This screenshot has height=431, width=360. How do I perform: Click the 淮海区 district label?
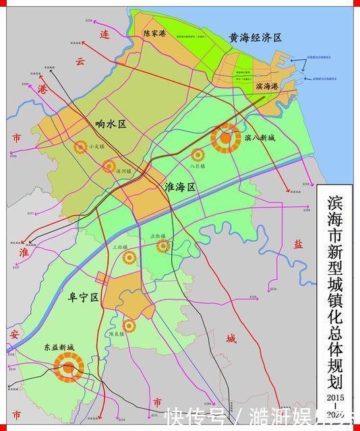pos(179,188)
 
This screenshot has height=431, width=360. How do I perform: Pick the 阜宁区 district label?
pos(84,297)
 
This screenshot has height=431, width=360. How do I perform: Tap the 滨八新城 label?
pos(260,138)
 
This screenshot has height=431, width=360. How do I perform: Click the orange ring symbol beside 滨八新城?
pos(226,139)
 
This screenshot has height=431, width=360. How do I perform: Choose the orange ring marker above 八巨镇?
pos(197,155)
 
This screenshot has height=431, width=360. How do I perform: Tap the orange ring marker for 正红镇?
pos(162,246)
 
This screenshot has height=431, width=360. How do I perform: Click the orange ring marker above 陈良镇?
pos(128,326)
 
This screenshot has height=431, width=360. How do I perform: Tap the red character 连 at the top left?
pos(104,34)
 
